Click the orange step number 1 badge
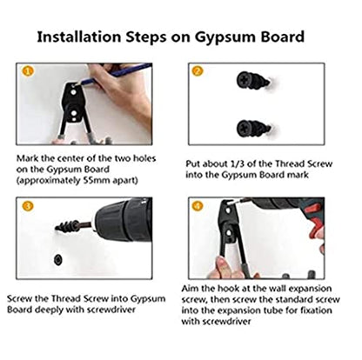pyautogui.click(x=28, y=70)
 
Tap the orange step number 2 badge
pyautogui.click(x=198, y=70)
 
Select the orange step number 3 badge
pyautogui.click(x=28, y=206)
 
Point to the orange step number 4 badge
pyautogui.click(x=198, y=206)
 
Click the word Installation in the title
pyautogui.click(x=79, y=37)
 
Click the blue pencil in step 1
pyautogui.click(x=115, y=74)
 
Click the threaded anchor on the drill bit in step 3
pyautogui.click(x=67, y=226)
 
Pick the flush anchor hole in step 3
pyautogui.click(x=58, y=259)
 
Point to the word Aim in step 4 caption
pyautogui.click(x=190, y=289)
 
